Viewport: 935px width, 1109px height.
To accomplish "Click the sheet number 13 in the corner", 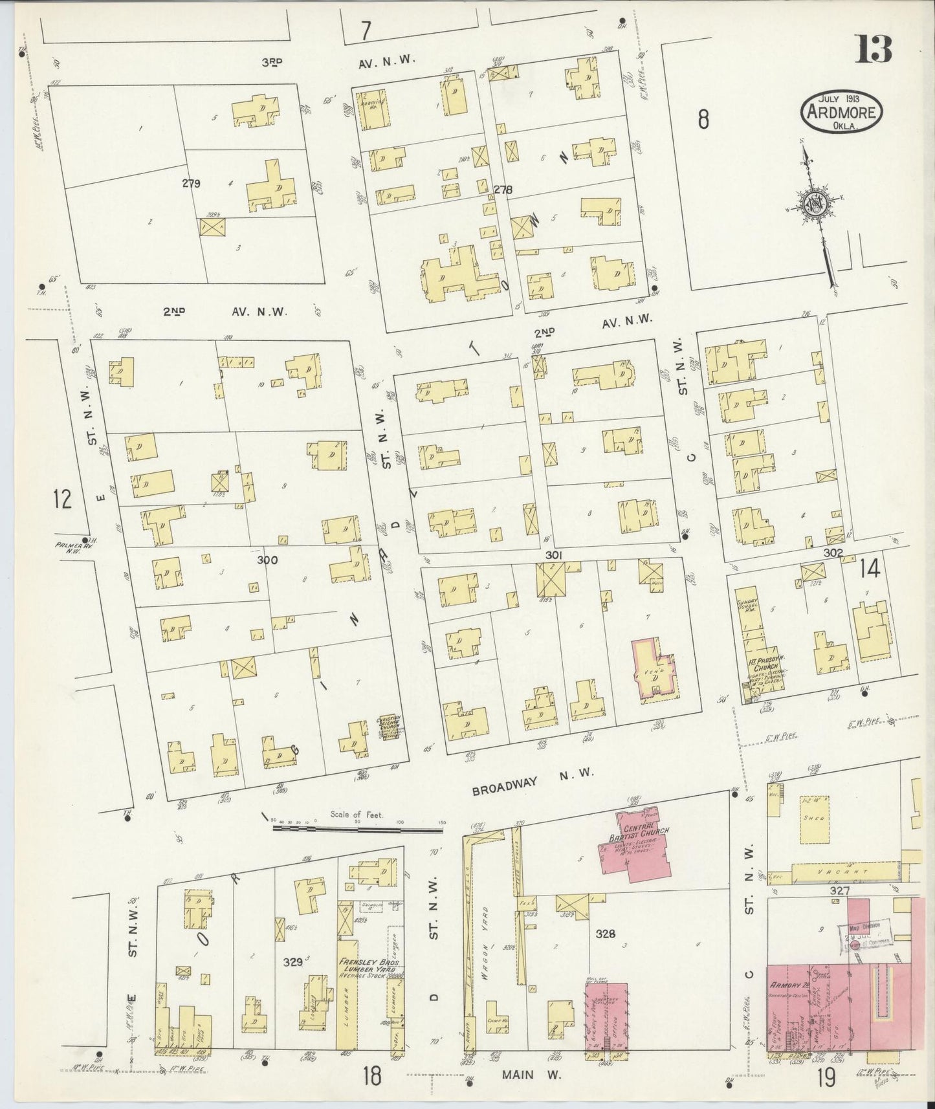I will point(875,49).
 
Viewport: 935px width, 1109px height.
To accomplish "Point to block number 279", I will point(191,183).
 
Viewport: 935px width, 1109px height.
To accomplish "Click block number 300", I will point(267,560).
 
